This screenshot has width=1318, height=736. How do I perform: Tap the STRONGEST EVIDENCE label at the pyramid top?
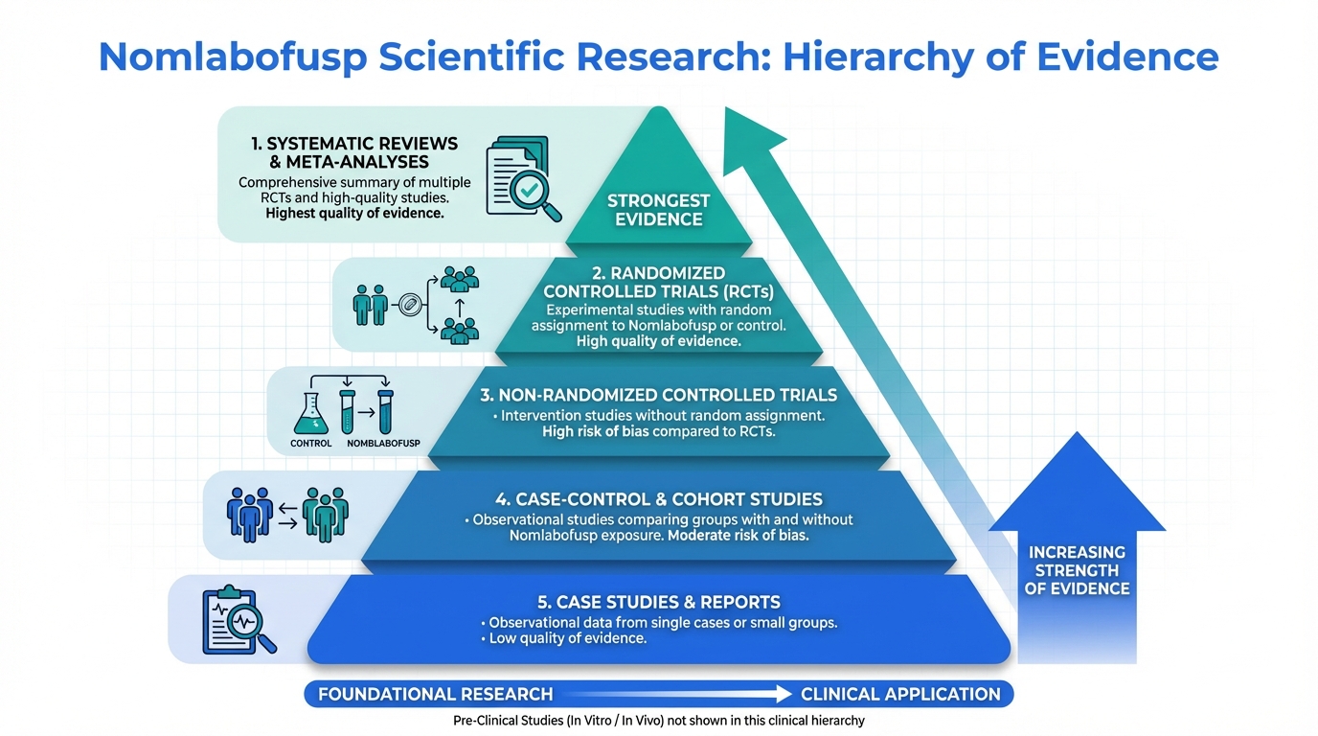(x=658, y=210)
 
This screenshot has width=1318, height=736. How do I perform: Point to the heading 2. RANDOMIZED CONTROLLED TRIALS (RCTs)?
(x=658, y=283)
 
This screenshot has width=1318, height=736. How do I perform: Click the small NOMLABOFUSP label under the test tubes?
(x=383, y=444)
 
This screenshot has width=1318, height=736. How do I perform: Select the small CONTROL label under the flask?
(x=311, y=444)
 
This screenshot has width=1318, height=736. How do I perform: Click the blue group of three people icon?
(x=250, y=514)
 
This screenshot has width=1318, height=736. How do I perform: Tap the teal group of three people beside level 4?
(x=326, y=514)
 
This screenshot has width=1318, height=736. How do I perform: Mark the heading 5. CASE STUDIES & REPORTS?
(x=658, y=602)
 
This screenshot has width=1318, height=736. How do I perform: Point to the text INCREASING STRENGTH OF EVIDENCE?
(x=1078, y=570)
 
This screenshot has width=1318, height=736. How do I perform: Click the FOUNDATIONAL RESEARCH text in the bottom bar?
(x=435, y=694)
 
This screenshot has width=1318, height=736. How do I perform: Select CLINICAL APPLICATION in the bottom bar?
(x=900, y=694)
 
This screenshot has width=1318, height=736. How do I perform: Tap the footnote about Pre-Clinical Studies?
(x=659, y=721)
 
